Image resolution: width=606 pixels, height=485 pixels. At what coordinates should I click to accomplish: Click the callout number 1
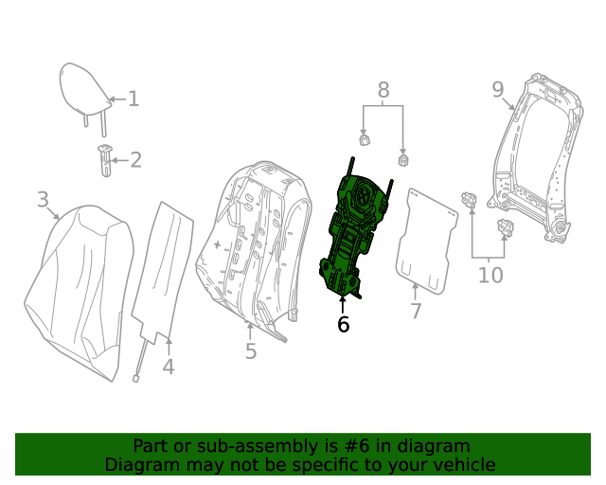pos(134,99)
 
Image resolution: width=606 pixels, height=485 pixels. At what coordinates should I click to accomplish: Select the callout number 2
pos(135,159)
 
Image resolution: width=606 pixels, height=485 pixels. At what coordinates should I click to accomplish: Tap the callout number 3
pos(43,199)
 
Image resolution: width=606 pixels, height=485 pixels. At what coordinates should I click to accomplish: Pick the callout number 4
pos(168,367)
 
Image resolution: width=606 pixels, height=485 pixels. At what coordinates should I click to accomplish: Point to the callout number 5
pos(250,352)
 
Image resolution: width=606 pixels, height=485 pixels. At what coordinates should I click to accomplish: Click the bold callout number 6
pos(343,324)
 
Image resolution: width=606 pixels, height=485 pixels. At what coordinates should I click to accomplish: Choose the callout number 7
pos(415,312)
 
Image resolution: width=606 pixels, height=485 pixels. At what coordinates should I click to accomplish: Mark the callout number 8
pos(383,90)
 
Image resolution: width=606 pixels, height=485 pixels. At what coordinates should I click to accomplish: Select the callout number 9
pos(498,90)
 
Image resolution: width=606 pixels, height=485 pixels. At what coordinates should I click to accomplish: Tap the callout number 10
pos(490,276)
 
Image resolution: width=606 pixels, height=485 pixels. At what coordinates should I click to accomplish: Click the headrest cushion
pos(83,87)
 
